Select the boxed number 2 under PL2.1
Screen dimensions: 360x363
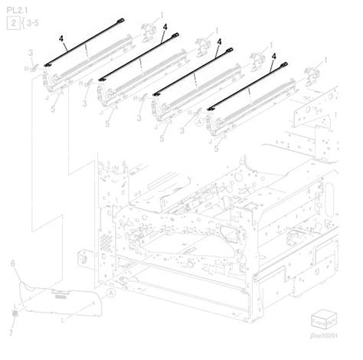[13, 25]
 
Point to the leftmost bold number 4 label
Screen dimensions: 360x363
[62, 35]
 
